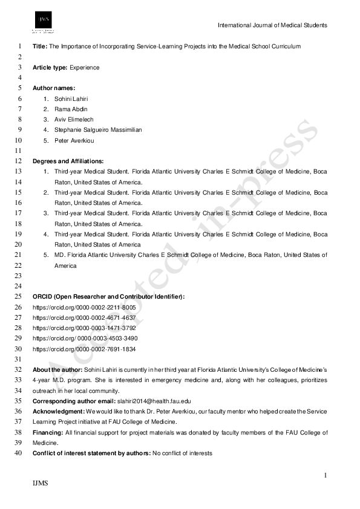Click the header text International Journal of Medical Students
(x=272, y=25)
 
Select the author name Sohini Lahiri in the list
(x=71, y=99)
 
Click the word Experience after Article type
(x=85, y=68)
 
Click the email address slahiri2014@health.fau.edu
(x=153, y=401)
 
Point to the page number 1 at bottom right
(x=326, y=477)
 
